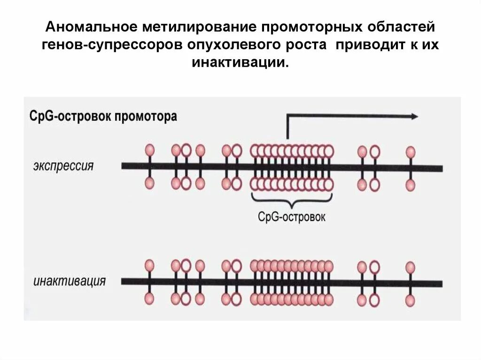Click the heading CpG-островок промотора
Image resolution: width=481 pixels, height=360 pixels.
[x=103, y=116]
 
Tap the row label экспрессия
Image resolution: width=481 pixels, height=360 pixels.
[x=63, y=166]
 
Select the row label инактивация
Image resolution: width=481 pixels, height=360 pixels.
[x=70, y=282]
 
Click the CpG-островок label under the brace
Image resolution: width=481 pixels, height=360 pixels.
[x=292, y=217]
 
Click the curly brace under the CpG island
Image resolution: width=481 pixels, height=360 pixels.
[x=292, y=201]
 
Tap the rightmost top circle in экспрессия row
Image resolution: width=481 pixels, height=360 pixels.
[x=411, y=151]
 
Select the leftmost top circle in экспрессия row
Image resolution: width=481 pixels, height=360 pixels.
[x=149, y=150]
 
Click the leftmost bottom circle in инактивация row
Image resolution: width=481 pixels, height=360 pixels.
[x=149, y=298]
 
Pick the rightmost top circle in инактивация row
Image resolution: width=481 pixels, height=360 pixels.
[x=411, y=267]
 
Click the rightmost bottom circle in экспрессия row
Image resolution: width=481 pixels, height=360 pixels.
[x=411, y=185]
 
